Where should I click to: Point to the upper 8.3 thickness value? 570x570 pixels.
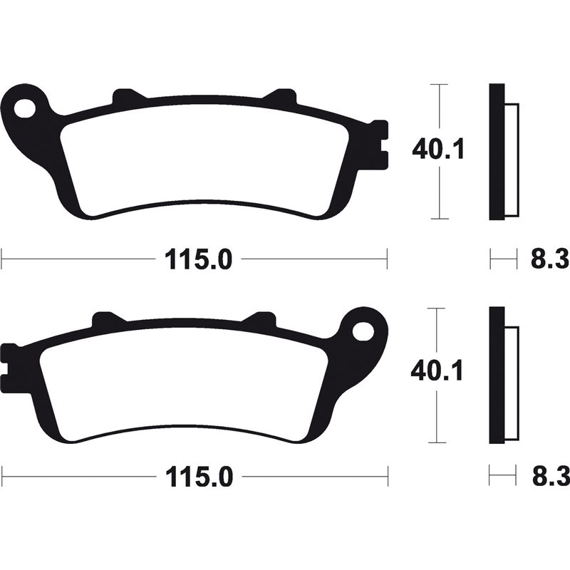549,259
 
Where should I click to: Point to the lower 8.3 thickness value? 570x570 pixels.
549,476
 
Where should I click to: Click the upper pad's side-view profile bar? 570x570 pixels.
497,152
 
